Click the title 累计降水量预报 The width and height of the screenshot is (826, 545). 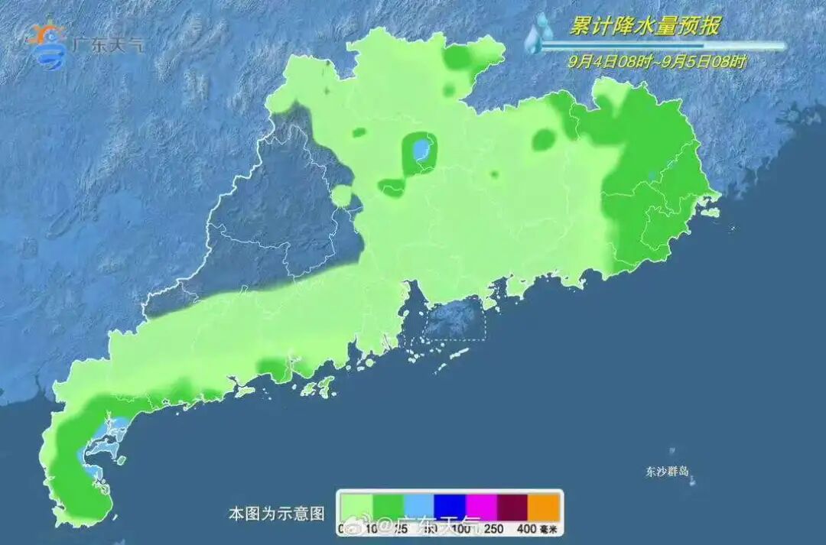[x=644, y=27]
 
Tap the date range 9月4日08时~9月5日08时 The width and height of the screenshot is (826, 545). [x=657, y=62]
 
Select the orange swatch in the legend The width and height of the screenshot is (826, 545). [x=545, y=505]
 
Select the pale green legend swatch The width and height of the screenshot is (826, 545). [x=356, y=505]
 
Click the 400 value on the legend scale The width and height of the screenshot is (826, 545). [x=525, y=528]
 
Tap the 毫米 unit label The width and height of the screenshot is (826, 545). [x=548, y=528]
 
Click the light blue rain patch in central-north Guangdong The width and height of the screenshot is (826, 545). [x=419, y=148]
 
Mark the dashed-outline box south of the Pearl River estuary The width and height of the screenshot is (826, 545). [x=454, y=320]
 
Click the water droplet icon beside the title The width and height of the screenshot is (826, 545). [x=541, y=32]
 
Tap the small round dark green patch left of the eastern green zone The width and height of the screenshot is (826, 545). [x=545, y=139]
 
